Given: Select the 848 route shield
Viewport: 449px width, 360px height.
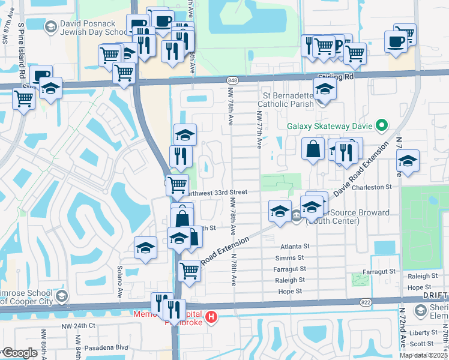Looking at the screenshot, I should (233, 80).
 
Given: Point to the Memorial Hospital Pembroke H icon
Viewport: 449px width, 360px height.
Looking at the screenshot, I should (211, 317).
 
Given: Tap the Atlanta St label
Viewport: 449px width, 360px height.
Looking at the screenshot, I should (295, 246).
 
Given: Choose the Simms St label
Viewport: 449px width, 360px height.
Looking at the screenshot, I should (294, 257).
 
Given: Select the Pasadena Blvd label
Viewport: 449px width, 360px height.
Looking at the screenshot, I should (108, 347).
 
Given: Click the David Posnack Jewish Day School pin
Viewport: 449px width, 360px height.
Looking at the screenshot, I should (50, 26).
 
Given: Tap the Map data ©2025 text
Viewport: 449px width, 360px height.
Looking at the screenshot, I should (423, 355).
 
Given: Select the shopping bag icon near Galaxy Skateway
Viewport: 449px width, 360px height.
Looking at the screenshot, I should (313, 148).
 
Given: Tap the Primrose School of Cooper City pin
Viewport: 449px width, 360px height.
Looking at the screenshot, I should (62, 296).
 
